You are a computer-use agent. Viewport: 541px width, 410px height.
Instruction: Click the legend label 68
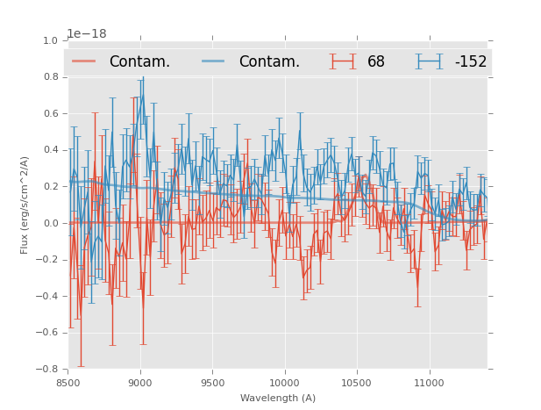(375, 61)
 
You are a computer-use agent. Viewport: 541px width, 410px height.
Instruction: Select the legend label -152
(470, 61)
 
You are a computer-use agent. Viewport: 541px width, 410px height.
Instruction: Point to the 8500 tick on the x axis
(68, 383)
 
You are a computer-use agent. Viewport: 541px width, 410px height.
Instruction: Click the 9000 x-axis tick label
(140, 383)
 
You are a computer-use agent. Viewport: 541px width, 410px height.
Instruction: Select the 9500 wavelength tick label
(212, 383)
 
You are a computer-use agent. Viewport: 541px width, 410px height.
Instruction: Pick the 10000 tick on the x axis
(284, 383)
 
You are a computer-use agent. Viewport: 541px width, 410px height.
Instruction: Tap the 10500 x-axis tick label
(356, 383)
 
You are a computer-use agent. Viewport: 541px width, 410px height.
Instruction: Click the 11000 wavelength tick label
(428, 383)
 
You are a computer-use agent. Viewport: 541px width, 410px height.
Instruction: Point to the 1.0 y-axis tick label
(50, 40)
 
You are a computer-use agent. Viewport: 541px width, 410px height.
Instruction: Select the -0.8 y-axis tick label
(47, 369)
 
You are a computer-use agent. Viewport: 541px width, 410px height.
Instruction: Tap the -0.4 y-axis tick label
(47, 296)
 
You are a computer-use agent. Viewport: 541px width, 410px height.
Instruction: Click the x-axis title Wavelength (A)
(278, 398)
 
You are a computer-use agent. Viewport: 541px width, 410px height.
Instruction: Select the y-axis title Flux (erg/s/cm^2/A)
(25, 205)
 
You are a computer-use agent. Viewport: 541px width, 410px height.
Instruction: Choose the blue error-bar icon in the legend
(429, 61)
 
